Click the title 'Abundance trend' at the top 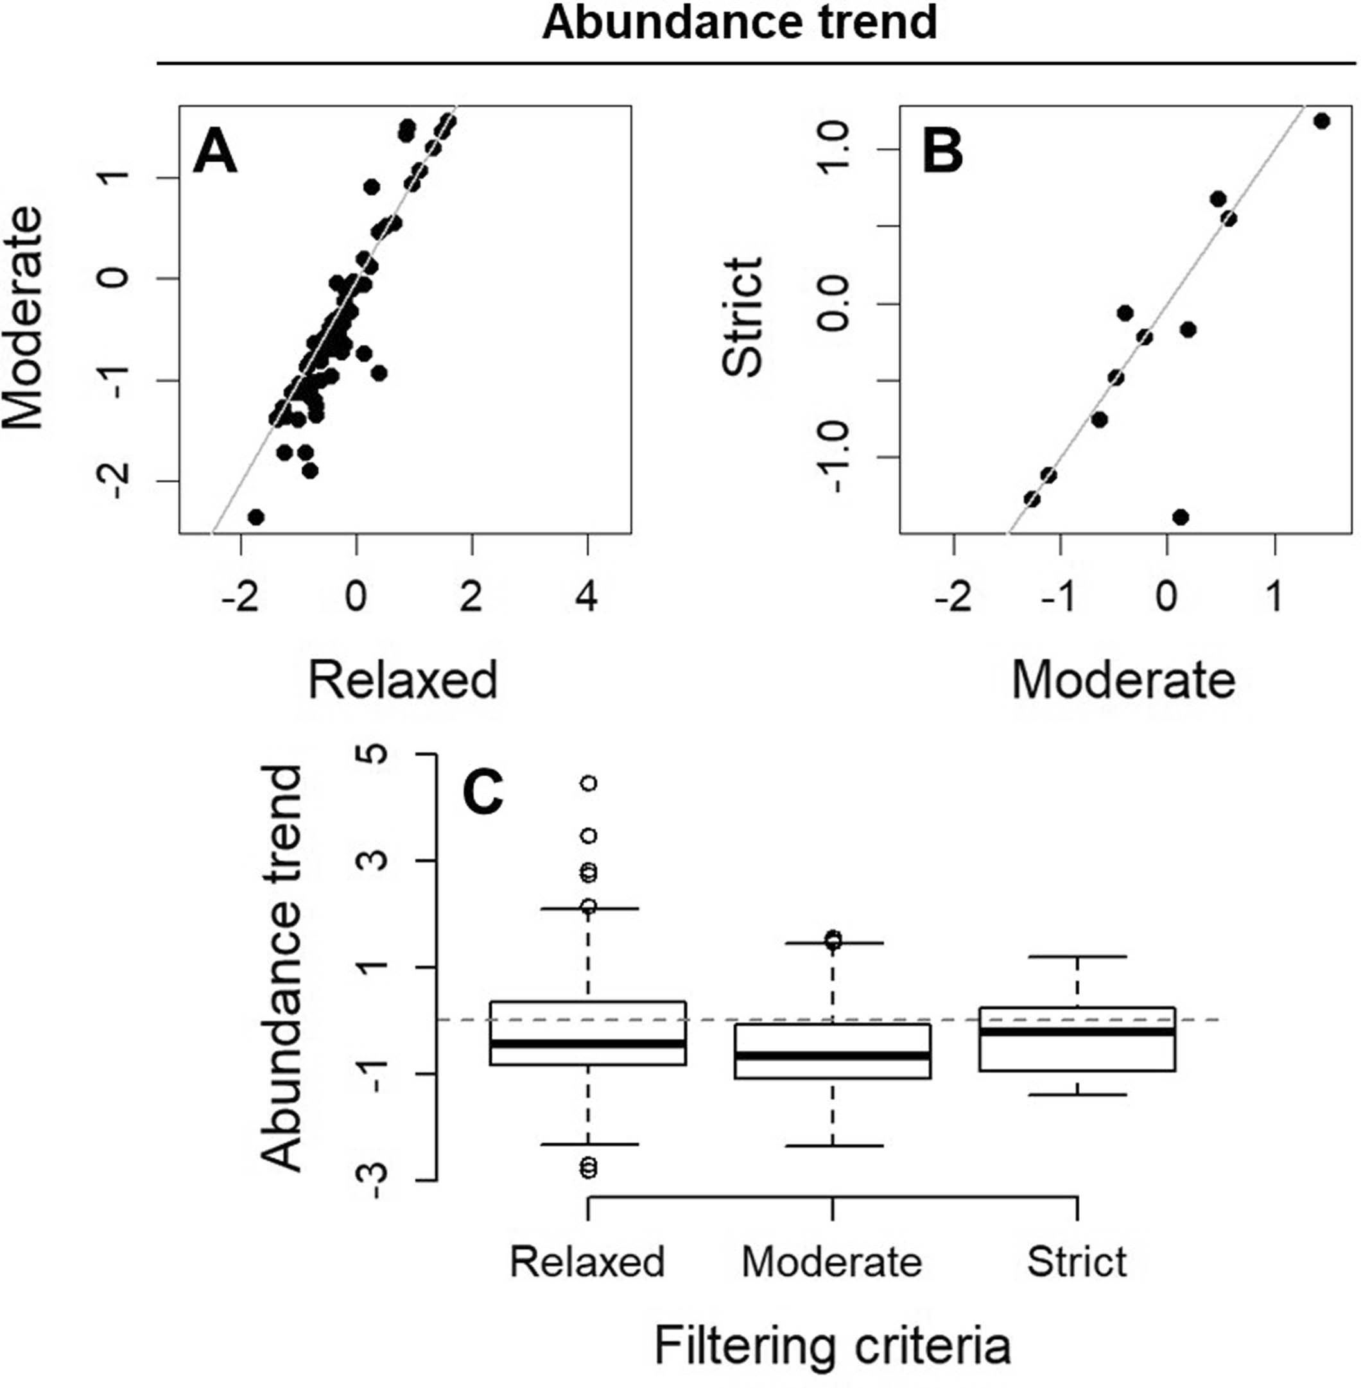coord(739,23)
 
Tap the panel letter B coord(942,153)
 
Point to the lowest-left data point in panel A coord(256,517)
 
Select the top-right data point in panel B coord(1321,121)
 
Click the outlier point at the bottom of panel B coord(1180,516)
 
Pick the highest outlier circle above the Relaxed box coord(587,783)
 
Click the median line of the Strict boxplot coord(1077,1031)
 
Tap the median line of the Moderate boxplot coord(832,1055)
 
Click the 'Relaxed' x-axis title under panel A coord(402,680)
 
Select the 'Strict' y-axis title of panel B coord(743,317)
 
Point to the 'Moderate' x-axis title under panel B coord(1123,680)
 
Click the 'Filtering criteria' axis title coord(832,1345)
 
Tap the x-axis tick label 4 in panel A coord(587,596)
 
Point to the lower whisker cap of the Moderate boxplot coord(832,1146)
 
